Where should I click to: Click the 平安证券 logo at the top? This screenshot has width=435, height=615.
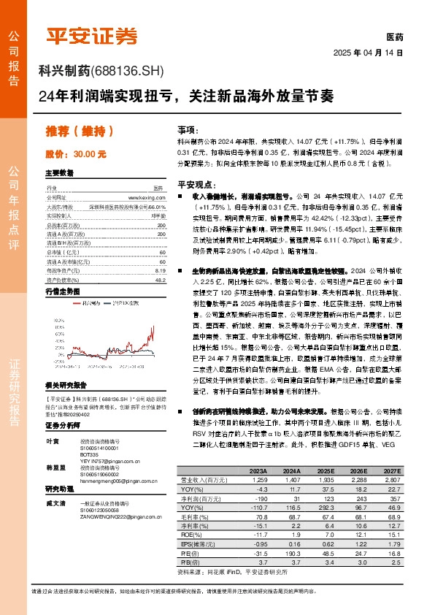click(x=91, y=35)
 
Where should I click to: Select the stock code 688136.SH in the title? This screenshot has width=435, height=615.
click(x=128, y=71)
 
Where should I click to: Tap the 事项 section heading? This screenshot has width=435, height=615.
click(x=187, y=129)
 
